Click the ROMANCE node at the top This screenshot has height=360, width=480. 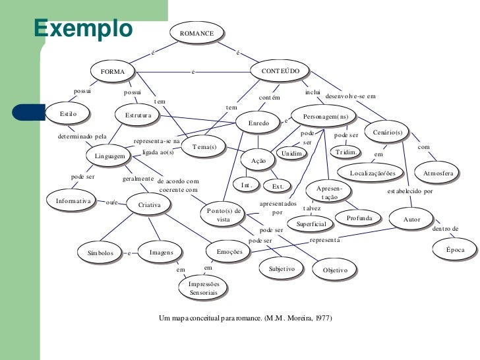pyautogui.click(x=196, y=32)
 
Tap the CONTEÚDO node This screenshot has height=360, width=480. pyautogui.click(x=281, y=71)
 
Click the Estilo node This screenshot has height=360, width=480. pyautogui.click(x=68, y=114)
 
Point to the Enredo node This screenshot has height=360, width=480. pyautogui.click(x=258, y=123)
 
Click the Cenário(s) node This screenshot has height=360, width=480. pyautogui.click(x=387, y=133)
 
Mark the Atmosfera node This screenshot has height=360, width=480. pyautogui.click(x=438, y=173)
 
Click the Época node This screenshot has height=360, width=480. pyautogui.click(x=455, y=250)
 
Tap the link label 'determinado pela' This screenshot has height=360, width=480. pyautogui.click(x=82, y=136)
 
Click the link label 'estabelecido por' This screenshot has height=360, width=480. pyautogui.click(x=410, y=192)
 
